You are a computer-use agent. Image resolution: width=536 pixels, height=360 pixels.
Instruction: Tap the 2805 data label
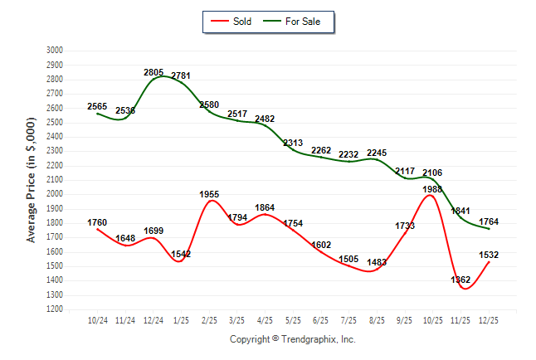coord(153,73)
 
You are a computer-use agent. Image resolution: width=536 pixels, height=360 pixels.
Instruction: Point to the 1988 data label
coord(432,190)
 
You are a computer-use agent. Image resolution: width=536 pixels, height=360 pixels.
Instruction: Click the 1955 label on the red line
coord(209,194)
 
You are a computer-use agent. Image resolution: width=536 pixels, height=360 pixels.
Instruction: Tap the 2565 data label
coord(97,106)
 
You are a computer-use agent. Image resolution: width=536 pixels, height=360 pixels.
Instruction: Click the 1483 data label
coord(376,263)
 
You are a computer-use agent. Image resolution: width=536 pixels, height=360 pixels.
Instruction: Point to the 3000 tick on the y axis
coord(55,51)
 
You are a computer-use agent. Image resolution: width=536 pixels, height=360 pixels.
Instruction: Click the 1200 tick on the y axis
coord(55,309)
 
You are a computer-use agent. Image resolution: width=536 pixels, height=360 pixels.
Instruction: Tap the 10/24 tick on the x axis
coord(97,320)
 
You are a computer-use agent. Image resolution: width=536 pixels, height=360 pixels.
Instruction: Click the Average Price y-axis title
coord(32,179)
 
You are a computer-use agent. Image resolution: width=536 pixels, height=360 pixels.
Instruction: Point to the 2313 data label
coord(293,144)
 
